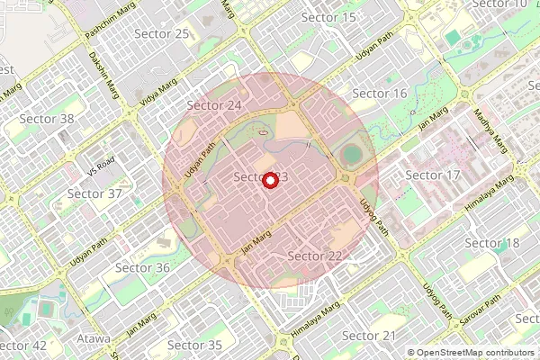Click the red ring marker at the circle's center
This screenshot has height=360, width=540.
pyautogui.click(x=269, y=180)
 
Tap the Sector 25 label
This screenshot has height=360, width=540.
pyautogui.click(x=161, y=33)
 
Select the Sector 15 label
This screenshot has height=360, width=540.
pyautogui.click(x=328, y=17)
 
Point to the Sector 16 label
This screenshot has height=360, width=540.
pyautogui.click(x=380, y=94)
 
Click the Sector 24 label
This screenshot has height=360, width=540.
pyautogui.click(x=214, y=105)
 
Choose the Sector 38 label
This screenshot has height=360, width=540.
pyautogui.click(x=47, y=119)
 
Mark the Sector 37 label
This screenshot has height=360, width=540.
pyautogui.click(x=94, y=193)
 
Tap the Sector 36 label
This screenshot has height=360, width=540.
pyautogui.click(x=142, y=267)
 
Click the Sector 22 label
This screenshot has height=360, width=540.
pyautogui.click(x=315, y=256)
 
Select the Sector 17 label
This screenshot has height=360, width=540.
pyautogui.click(x=433, y=174)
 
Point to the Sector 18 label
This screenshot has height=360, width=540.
pyautogui.click(x=493, y=244)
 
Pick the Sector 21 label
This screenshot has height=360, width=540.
pyautogui.click(x=369, y=336)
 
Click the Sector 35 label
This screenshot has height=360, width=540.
pyautogui.click(x=194, y=345)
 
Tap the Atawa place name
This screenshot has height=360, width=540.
pyautogui.click(x=94, y=339)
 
